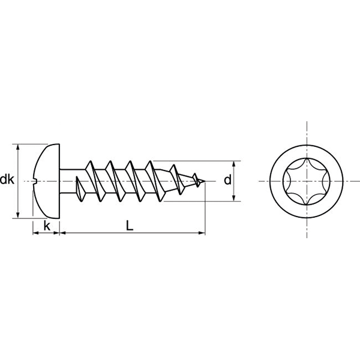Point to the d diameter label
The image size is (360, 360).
click(227, 180)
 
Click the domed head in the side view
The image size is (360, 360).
click(48, 180)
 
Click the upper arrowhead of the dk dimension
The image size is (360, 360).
click(19, 148)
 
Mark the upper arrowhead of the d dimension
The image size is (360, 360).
click(234, 164)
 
